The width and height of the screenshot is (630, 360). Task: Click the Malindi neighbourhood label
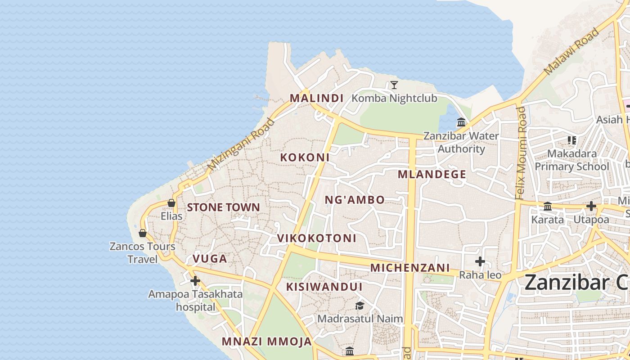(x=316, y=98)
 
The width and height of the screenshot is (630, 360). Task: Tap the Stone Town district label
(x=223, y=207)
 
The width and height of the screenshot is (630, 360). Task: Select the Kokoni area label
(x=305, y=157)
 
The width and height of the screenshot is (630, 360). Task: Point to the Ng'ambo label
(x=355, y=200)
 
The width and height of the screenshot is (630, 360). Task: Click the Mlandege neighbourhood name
(x=432, y=174)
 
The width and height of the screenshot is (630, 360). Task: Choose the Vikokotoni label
(x=316, y=238)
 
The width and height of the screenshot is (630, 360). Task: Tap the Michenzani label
(x=410, y=267)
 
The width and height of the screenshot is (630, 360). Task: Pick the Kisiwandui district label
(x=324, y=287)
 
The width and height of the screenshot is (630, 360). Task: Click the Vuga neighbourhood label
(x=210, y=258)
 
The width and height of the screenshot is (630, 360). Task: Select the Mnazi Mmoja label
(x=266, y=341)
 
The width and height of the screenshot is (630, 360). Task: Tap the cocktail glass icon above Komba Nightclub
(x=394, y=85)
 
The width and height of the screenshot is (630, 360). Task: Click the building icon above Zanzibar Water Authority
(x=461, y=122)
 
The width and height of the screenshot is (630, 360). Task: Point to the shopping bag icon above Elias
(x=171, y=203)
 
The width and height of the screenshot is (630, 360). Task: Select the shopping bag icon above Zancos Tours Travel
(x=143, y=233)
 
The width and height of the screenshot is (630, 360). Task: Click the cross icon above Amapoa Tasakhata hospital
(x=195, y=281)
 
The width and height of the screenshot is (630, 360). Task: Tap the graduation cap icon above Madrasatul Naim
(x=360, y=306)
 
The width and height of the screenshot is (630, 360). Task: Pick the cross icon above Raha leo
(x=480, y=261)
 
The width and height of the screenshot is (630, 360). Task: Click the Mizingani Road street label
(x=241, y=144)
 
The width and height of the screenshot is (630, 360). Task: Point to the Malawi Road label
(x=571, y=51)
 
